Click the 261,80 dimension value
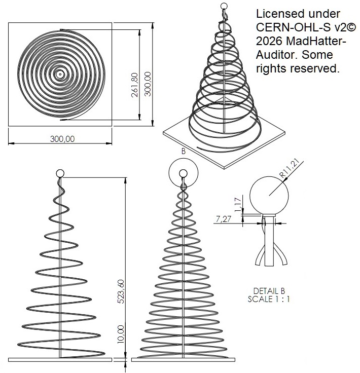(x=135, y=85)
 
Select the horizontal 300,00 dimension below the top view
(x=62, y=139)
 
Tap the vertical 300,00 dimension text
(x=148, y=84)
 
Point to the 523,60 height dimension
(x=121, y=291)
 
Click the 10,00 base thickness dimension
(x=121, y=334)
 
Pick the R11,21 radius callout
(x=289, y=168)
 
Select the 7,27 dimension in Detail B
(x=223, y=218)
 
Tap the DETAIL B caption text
(x=269, y=291)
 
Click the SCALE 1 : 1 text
(x=269, y=299)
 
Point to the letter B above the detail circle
(x=183, y=152)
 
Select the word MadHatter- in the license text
(x=316, y=41)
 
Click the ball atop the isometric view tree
(x=224, y=6)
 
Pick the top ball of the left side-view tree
(x=60, y=173)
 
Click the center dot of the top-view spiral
(x=60, y=74)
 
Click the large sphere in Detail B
(x=269, y=196)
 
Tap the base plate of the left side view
(x=60, y=360)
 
